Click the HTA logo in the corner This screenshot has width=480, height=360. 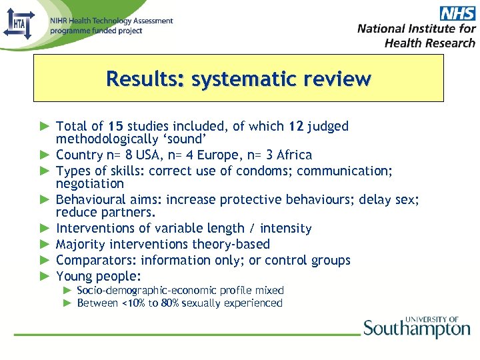coord(18,24)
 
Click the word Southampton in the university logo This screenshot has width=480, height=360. coord(417,329)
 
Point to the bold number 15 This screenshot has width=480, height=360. coord(115,126)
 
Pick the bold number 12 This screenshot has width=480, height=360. coord(297,126)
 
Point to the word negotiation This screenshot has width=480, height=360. coord(90,183)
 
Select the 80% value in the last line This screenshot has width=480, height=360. coord(170,303)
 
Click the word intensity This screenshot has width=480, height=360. coord(286,228)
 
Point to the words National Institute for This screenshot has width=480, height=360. coord(416,28)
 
